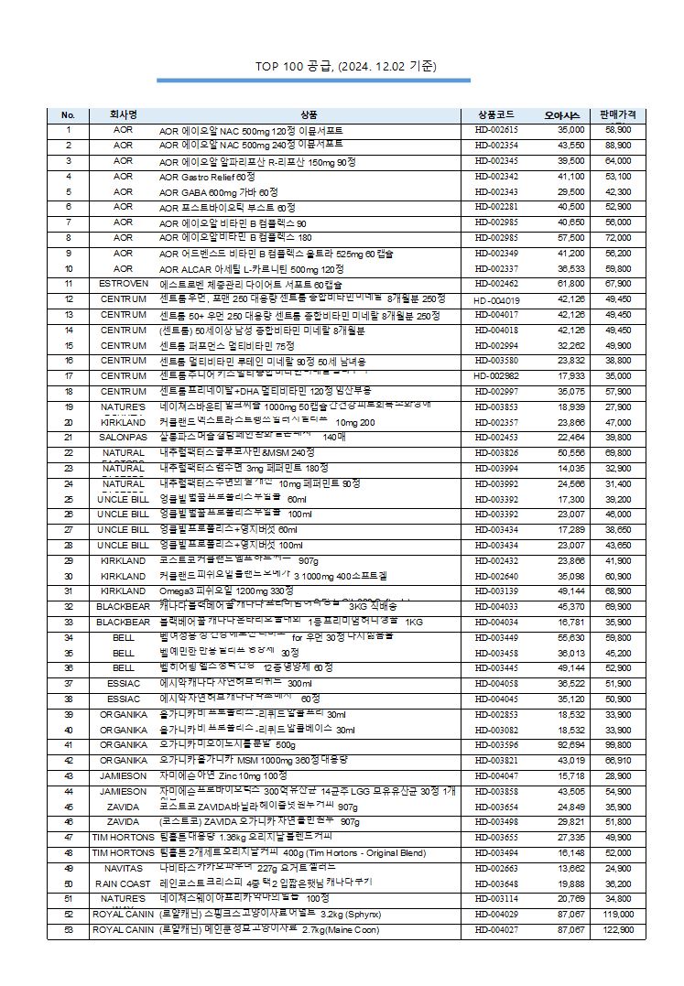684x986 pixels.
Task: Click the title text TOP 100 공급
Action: click(x=345, y=67)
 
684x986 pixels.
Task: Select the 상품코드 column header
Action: click(x=496, y=115)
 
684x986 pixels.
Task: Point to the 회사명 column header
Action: click(x=123, y=115)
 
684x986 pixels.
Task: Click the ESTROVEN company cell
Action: click(x=123, y=284)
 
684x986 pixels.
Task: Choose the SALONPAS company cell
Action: click(x=123, y=438)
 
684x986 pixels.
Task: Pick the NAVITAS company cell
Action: click(x=123, y=867)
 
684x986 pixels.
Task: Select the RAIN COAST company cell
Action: click(x=123, y=883)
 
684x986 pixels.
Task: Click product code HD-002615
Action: click(x=496, y=130)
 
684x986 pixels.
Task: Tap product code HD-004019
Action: click(x=496, y=299)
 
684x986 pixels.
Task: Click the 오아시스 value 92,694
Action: click(x=570, y=745)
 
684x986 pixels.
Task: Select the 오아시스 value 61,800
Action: click(x=570, y=284)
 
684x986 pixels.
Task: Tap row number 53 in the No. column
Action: click(x=69, y=930)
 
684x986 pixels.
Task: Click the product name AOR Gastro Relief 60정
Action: click(x=207, y=176)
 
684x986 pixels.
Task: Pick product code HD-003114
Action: click(x=496, y=899)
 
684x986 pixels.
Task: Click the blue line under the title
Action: click(x=313, y=81)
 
